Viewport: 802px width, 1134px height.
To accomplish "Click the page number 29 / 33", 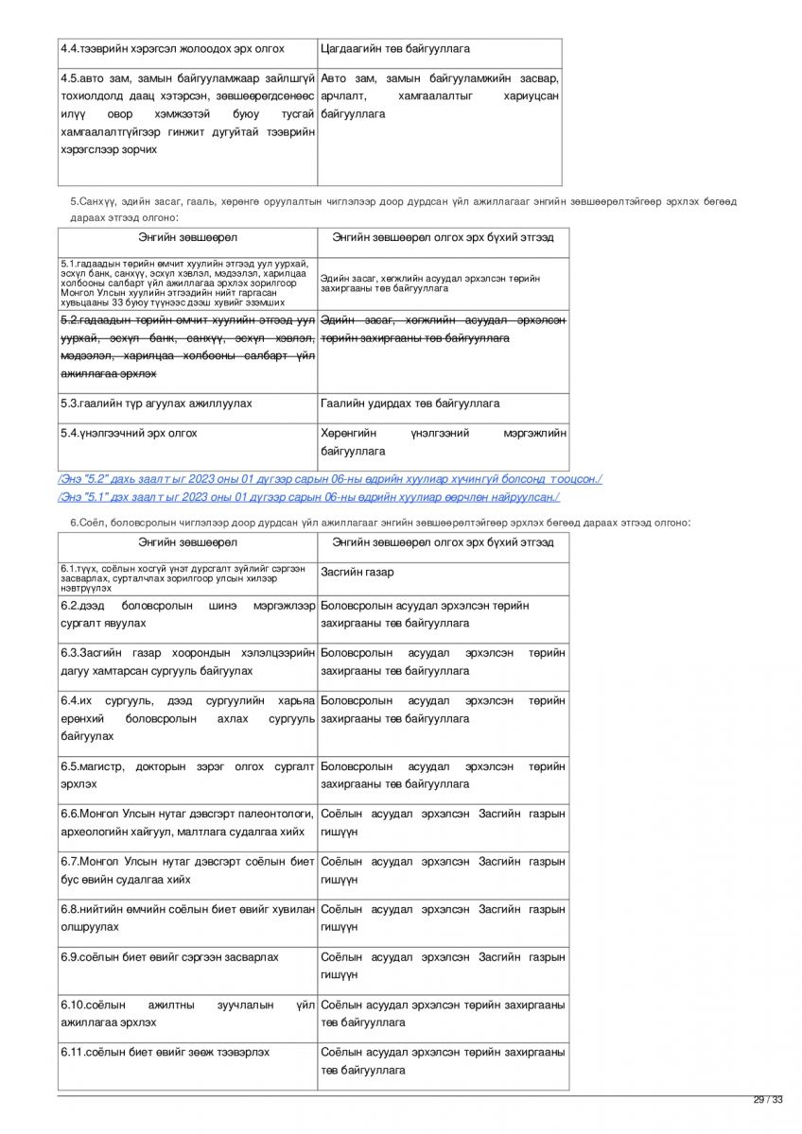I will pyautogui.click(x=768, y=1099).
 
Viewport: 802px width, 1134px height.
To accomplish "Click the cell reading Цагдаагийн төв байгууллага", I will pyautogui.click(x=395, y=48).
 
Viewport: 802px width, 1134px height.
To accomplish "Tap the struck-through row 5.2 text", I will pyautogui.click(x=187, y=348).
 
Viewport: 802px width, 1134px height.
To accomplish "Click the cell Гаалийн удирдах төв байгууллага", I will pyautogui.click(x=410, y=404).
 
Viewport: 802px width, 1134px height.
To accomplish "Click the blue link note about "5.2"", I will pyautogui.click(x=330, y=479).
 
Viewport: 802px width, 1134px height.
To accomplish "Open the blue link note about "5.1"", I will pyautogui.click(x=308, y=496).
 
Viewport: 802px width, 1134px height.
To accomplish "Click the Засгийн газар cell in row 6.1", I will pyautogui.click(x=357, y=573).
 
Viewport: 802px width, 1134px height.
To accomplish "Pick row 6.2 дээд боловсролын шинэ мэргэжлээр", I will pyautogui.click(x=187, y=614).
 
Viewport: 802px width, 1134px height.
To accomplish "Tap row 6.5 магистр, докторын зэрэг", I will pyautogui.click(x=187, y=775).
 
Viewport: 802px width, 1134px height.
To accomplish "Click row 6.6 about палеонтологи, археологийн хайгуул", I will pyautogui.click(x=187, y=822).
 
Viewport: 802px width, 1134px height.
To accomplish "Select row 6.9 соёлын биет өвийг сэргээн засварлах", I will pyautogui.click(x=170, y=957).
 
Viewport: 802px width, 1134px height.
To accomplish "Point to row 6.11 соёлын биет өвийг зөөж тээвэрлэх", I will pyautogui.click(x=166, y=1052).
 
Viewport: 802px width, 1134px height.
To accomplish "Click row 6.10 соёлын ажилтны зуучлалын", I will pyautogui.click(x=187, y=1013).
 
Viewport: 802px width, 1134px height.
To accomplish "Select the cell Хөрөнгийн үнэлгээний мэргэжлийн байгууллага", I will pyautogui.click(x=444, y=442).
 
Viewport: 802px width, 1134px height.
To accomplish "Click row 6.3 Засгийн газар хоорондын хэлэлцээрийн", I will pyautogui.click(x=187, y=661).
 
